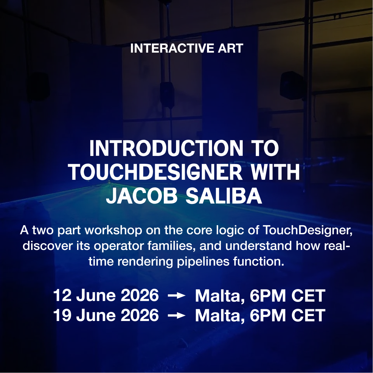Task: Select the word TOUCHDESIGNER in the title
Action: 155,173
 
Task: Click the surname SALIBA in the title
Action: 224,196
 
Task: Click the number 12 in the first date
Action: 62,296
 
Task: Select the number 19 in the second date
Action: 62,315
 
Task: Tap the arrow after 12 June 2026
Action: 177,296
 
